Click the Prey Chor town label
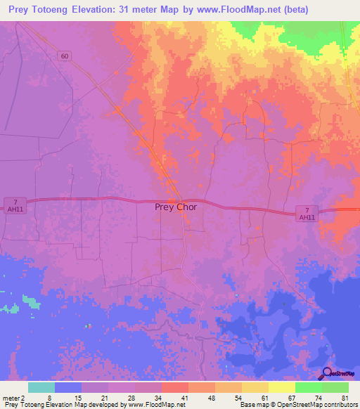(x=176, y=207)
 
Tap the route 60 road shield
(x=64, y=56)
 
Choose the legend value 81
(x=345, y=398)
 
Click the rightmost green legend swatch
(x=335, y=387)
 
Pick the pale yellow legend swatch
(x=282, y=387)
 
